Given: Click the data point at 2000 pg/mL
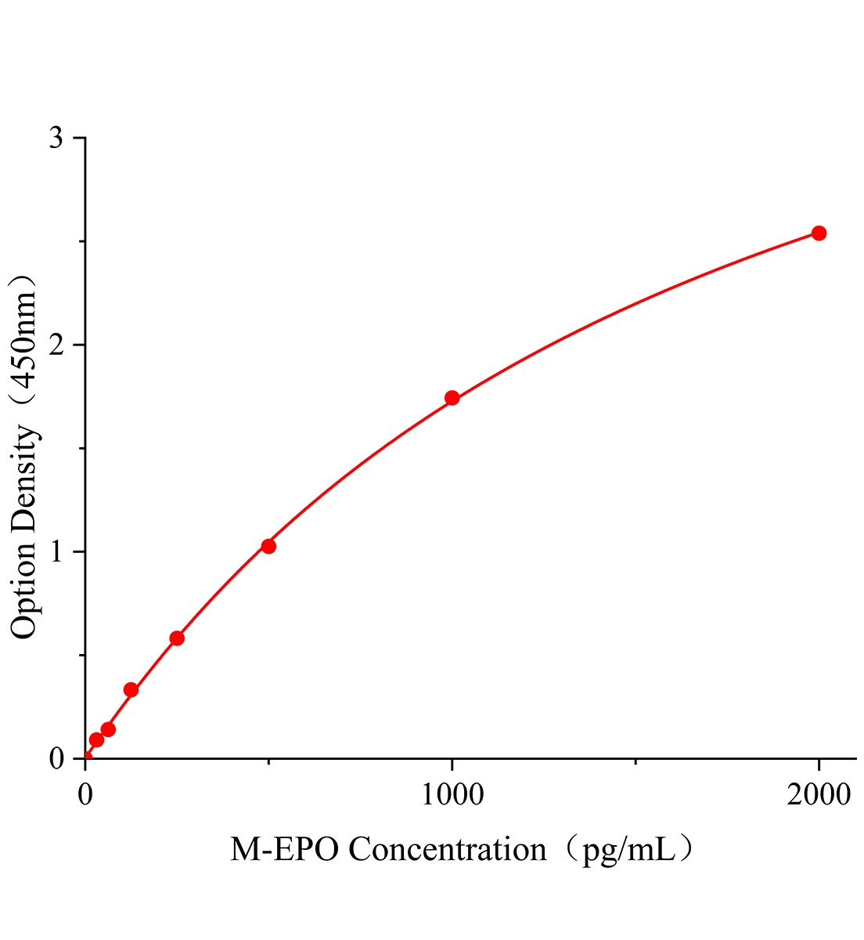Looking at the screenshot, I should tap(819, 233).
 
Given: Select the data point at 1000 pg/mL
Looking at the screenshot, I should tap(452, 398).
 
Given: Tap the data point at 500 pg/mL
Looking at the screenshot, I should tap(268, 546).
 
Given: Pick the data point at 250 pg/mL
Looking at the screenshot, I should tap(177, 638).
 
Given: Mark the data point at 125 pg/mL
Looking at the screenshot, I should tap(131, 690).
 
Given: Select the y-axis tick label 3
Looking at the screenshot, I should tap(56, 138).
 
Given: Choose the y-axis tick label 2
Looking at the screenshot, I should tap(56, 345).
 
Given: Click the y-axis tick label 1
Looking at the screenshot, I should tap(56, 551).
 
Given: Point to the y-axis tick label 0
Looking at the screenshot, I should tap(56, 758).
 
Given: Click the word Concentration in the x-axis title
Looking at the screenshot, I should tap(447, 849).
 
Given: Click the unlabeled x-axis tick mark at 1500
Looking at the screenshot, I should tap(635, 761).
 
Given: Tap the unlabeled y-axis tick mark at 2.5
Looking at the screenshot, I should tap(81, 241).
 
